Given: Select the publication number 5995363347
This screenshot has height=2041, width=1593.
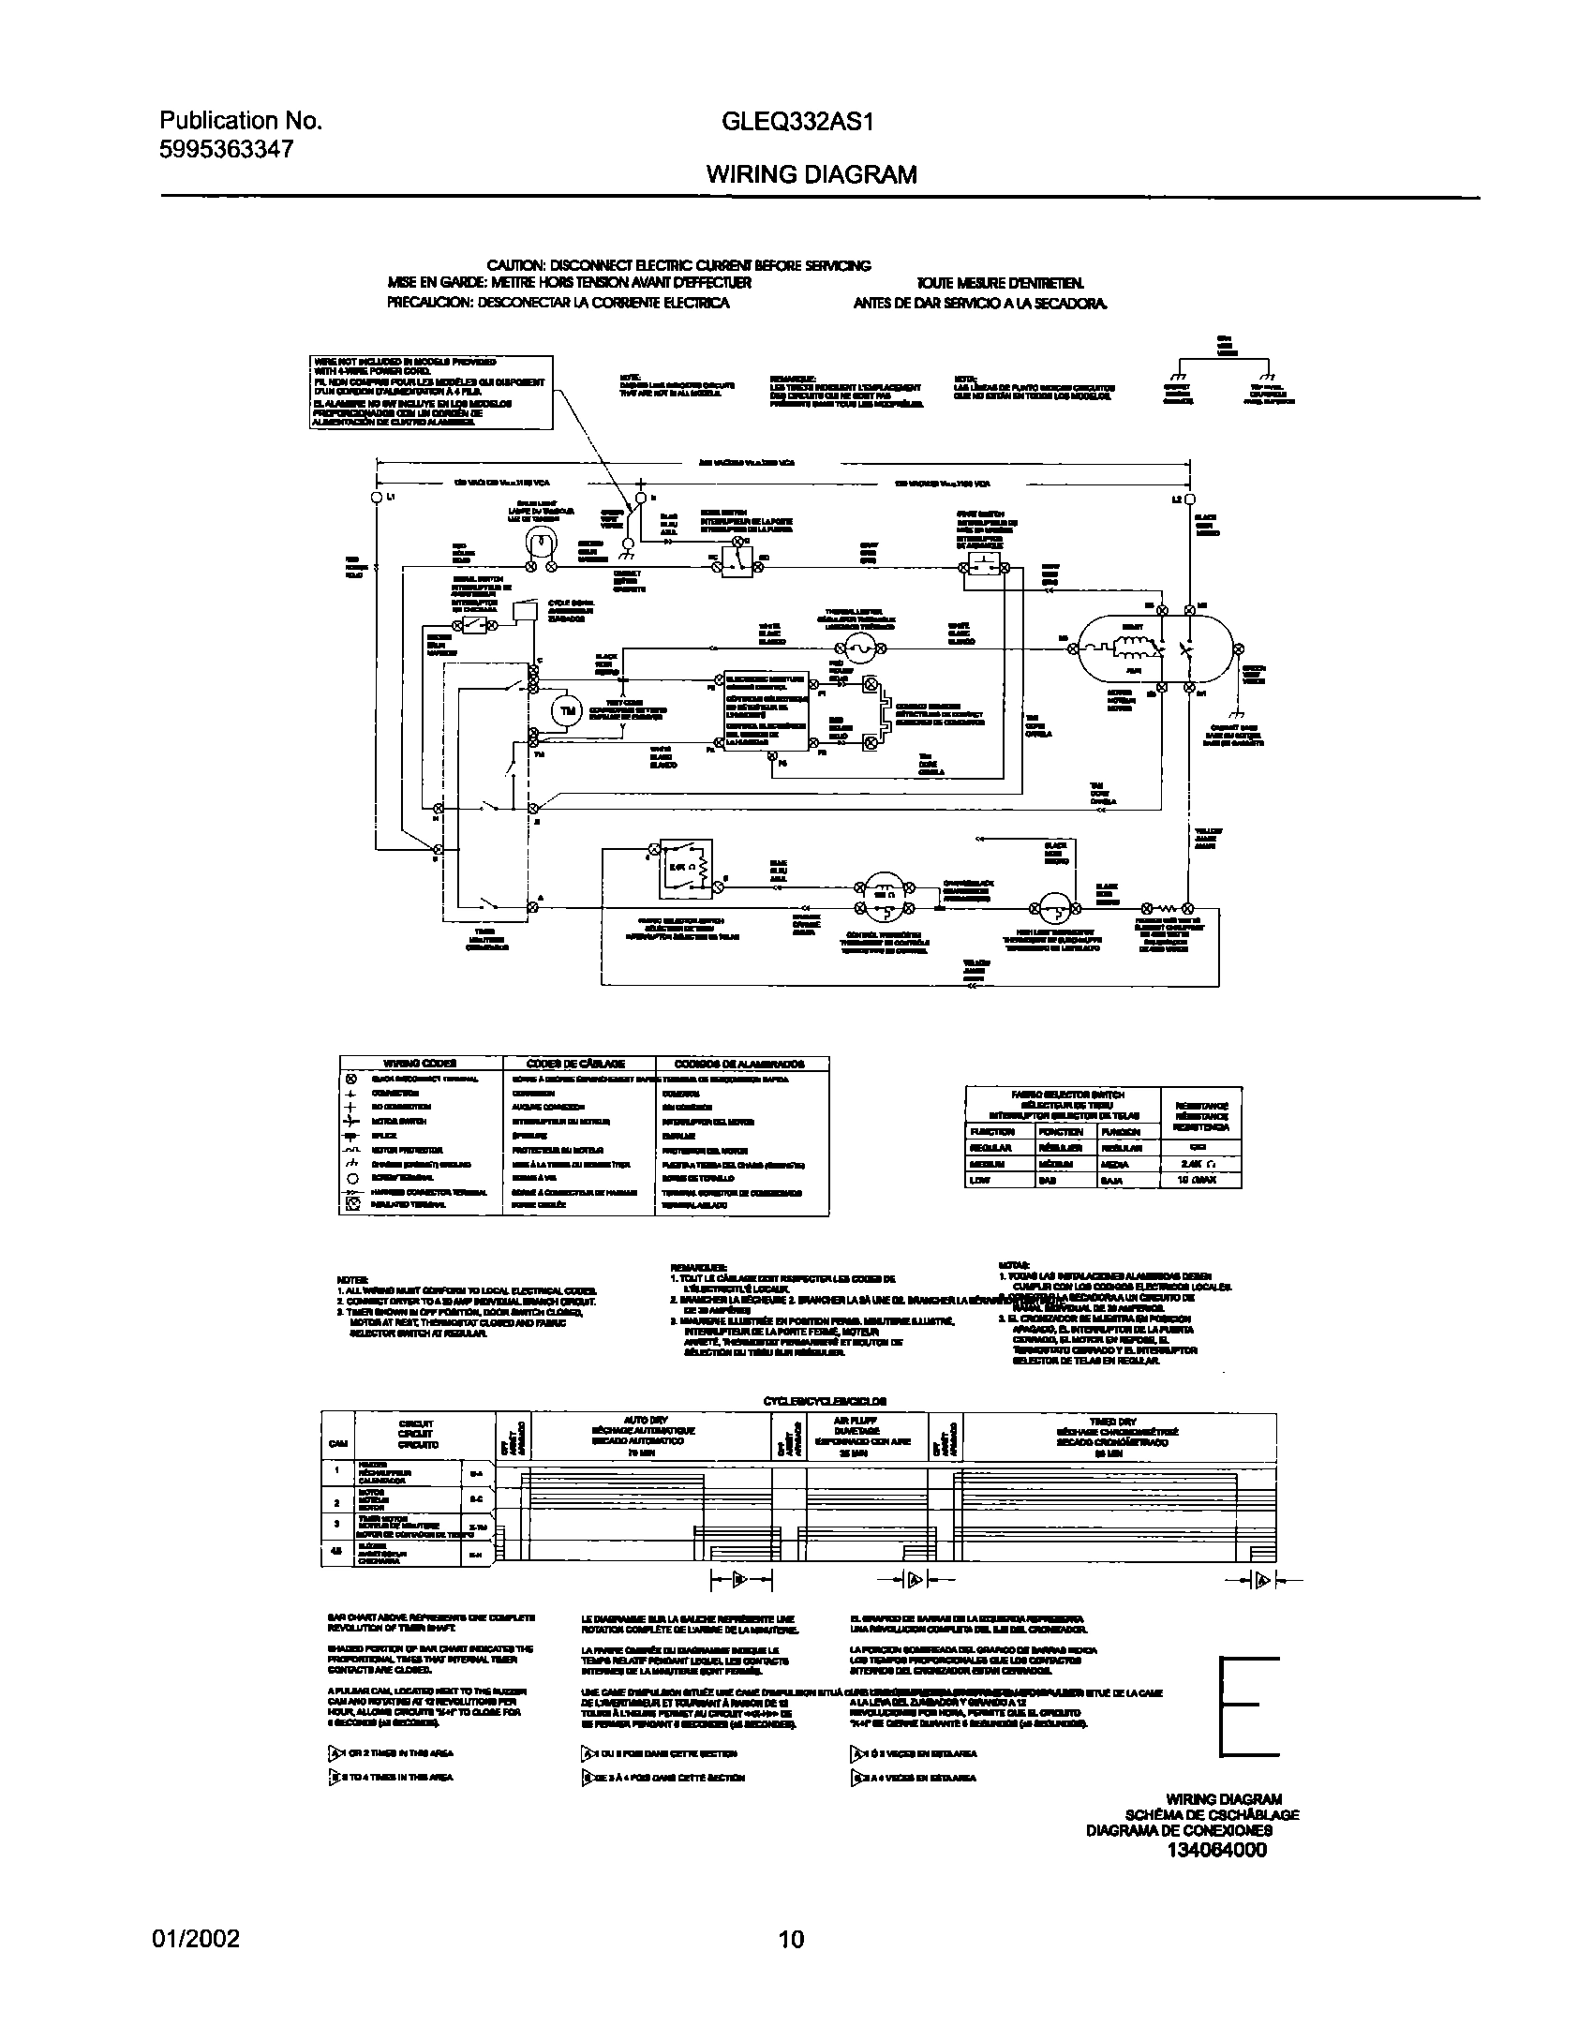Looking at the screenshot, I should (227, 149).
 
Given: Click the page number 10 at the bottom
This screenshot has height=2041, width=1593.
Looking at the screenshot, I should (792, 1939).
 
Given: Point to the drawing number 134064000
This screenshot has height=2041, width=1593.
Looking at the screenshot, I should (1216, 1850).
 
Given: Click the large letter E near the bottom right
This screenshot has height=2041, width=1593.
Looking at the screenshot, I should (1249, 1706).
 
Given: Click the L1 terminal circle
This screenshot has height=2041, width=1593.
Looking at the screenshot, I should (377, 498).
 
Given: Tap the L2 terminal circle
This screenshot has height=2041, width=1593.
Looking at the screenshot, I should (1189, 499).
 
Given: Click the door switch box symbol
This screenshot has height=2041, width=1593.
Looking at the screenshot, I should (737, 560).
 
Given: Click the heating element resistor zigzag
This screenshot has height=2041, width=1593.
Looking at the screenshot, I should (1167, 908).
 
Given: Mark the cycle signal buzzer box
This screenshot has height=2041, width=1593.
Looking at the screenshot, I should (523, 609).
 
